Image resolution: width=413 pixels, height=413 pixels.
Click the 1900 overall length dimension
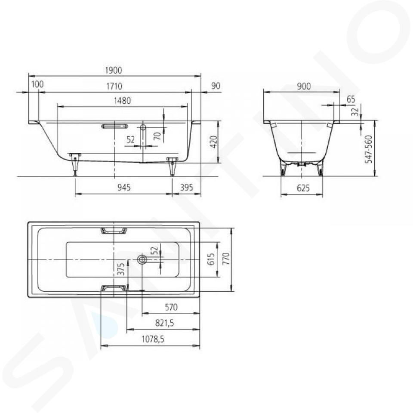tap(114, 70)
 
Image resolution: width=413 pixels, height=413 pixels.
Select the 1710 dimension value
tap(114, 86)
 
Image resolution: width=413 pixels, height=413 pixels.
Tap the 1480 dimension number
tap(123, 101)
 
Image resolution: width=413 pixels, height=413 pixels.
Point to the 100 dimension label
tap(37, 84)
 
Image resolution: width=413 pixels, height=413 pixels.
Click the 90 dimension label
tap(216, 86)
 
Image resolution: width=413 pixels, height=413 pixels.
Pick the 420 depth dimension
tap(214, 142)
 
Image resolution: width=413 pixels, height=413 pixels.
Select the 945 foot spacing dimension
tap(124, 188)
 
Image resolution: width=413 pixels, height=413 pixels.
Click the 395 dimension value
tap(186, 188)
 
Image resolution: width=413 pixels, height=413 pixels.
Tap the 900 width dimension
tap(304, 86)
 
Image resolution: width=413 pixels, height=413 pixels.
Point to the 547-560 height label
tap(369, 149)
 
